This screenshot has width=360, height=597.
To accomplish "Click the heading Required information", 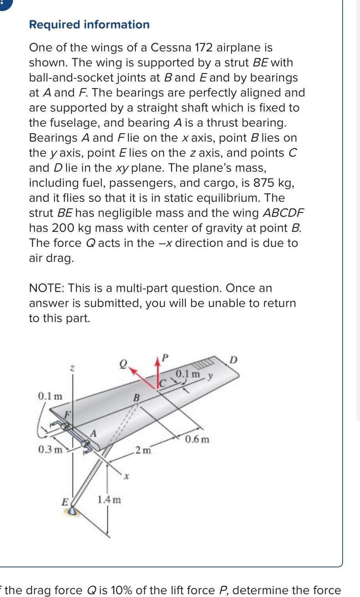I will pos(89,25).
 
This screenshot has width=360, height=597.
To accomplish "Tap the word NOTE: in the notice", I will pos(47,288).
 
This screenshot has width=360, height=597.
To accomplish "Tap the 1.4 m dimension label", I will pos(109,499).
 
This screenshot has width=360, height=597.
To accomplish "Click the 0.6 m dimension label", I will pos(197,439).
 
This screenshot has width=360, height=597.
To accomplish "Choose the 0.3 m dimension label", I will pos(50,449).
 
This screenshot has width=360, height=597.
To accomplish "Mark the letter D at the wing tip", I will pos(233,360).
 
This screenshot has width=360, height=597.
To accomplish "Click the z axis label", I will pos(72,368).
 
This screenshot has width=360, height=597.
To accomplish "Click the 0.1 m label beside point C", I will pos(188,373).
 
